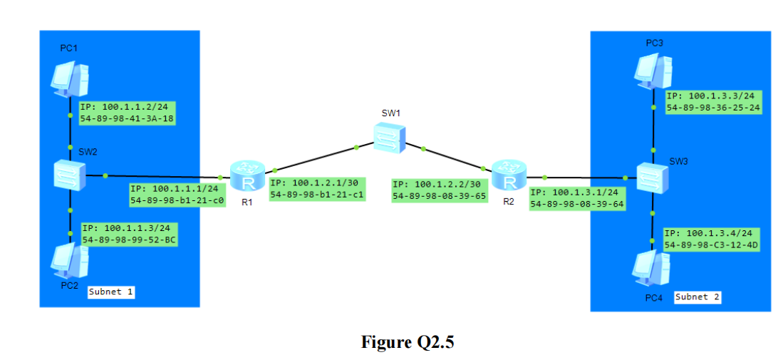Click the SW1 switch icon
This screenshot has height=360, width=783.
tap(389, 137)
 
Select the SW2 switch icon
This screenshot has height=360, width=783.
tap(70, 175)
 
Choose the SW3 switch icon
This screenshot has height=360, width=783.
tap(653, 177)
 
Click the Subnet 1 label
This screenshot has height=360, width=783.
tap(110, 292)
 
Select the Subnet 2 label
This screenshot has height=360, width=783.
tap(697, 297)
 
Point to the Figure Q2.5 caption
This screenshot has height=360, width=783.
tap(408, 342)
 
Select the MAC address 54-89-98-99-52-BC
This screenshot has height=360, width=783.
tap(129, 240)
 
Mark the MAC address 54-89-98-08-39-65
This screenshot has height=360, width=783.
tap(439, 195)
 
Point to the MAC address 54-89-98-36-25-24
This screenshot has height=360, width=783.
tap(713, 108)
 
